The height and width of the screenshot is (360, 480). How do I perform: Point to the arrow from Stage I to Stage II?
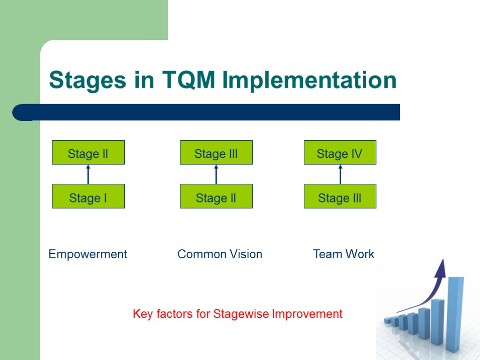(x=88, y=174)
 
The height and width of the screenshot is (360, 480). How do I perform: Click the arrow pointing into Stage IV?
(x=340, y=174)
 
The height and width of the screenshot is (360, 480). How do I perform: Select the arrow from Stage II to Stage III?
(x=216, y=174)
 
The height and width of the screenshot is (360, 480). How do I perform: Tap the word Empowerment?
(x=88, y=254)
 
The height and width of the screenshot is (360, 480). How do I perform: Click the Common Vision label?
(x=220, y=254)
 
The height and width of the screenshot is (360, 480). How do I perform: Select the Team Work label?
(x=344, y=254)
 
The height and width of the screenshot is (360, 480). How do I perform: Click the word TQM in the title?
(x=190, y=80)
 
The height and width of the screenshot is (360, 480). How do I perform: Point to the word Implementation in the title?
(x=309, y=80)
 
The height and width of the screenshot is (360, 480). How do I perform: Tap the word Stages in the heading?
(x=87, y=80)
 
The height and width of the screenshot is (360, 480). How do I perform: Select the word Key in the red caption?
(x=142, y=314)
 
